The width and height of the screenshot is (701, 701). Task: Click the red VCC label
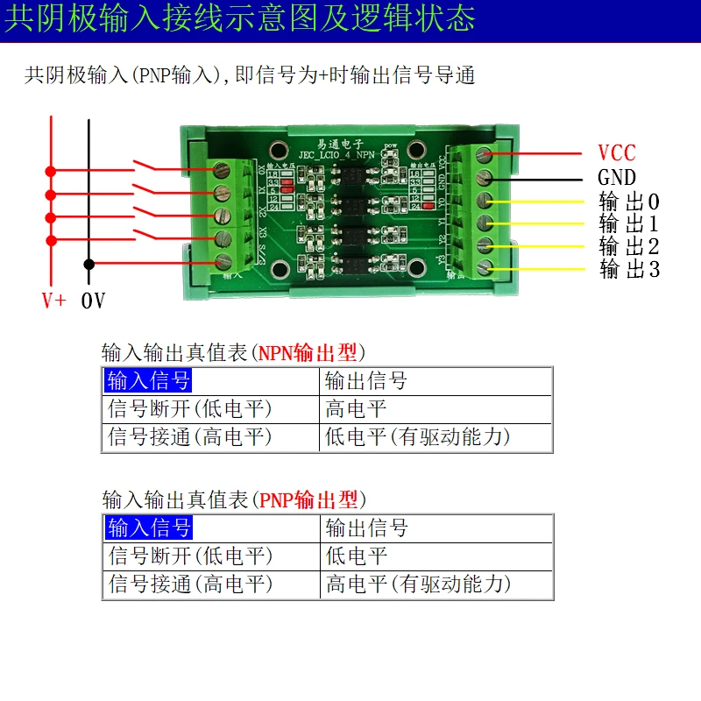[x=616, y=153]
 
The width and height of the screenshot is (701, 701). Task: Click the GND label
[x=616, y=177]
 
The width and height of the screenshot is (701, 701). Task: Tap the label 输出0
[x=629, y=201]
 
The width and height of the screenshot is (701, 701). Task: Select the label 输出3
[x=629, y=269]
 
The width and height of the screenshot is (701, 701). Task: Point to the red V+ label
[x=53, y=301]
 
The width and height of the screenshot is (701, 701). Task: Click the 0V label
[x=93, y=301]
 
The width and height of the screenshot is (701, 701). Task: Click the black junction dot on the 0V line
[x=89, y=263]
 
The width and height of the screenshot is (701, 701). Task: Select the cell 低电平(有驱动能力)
[x=417, y=435]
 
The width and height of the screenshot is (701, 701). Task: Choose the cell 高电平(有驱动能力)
[x=418, y=584]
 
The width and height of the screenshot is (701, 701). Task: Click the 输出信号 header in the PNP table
[x=366, y=528]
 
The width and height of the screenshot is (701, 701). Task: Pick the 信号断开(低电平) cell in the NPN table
[x=190, y=408]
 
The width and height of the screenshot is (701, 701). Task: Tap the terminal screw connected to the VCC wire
[x=483, y=155]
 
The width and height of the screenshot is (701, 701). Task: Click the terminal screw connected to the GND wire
[x=483, y=178]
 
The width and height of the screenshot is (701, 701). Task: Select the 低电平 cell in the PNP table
[x=356, y=556]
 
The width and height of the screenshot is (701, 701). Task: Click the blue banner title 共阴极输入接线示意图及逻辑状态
[x=239, y=19]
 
